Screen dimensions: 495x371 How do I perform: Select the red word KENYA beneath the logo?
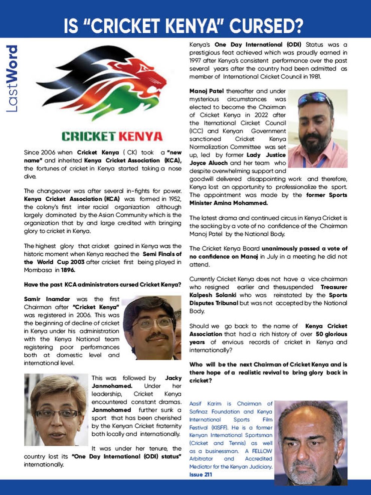click(x=141, y=136)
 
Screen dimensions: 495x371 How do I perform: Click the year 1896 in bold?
click(x=68, y=270)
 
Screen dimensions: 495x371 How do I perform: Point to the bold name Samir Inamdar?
click(x=47, y=299)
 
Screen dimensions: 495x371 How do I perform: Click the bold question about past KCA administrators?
click(x=103, y=285)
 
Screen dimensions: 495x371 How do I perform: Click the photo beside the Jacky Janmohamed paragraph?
click(x=56, y=409)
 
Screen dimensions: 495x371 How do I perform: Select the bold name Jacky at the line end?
click(x=173, y=378)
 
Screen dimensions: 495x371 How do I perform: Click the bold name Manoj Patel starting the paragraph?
click(x=207, y=91)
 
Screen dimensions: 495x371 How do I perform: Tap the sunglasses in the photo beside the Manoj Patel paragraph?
click(x=315, y=99)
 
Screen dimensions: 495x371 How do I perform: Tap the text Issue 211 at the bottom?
click(x=201, y=474)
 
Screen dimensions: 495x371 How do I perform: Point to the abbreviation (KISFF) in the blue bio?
click(x=219, y=427)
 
